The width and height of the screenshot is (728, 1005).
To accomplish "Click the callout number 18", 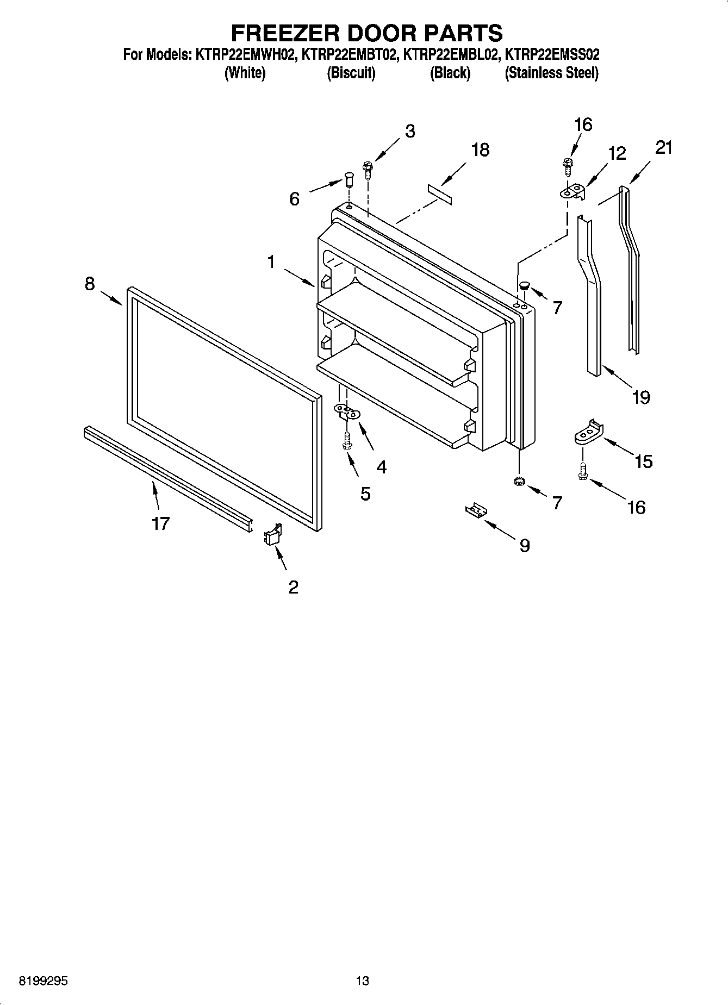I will tap(480, 149).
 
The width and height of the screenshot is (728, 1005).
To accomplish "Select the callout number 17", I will tap(161, 523).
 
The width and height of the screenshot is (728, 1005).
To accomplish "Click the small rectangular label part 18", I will tap(439, 194).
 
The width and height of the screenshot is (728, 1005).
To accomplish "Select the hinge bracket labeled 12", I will tap(573, 191).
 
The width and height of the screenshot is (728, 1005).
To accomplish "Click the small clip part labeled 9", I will tap(476, 511).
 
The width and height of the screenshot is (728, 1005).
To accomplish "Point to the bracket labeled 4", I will tap(346, 411).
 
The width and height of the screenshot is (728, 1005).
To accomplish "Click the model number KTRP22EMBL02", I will tap(450, 54).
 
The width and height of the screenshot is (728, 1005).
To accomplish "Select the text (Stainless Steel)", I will tap(551, 73).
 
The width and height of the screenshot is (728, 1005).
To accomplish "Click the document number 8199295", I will tap(43, 981).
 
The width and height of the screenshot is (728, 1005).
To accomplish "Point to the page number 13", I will tap(362, 981).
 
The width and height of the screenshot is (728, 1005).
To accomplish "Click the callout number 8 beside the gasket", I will tap(90, 283).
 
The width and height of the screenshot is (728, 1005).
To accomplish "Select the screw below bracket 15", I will tap(582, 470).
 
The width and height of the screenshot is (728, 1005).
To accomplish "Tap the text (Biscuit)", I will tap(351, 73).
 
